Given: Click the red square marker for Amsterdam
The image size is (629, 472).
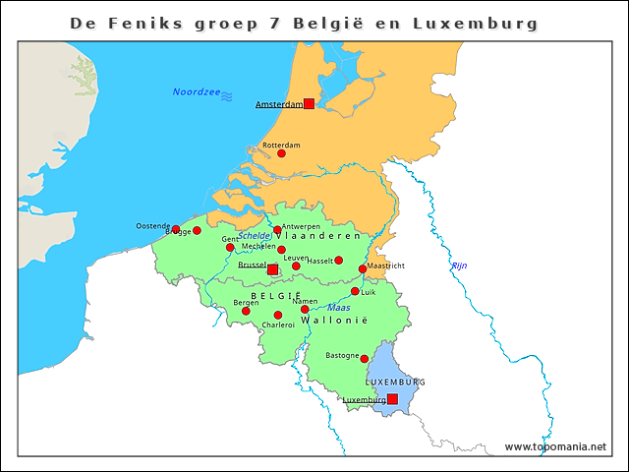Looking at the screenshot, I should click(x=309, y=103).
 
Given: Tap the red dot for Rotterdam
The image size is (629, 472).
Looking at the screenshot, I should click(x=281, y=153).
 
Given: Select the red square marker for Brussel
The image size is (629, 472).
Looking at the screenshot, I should click(x=272, y=268).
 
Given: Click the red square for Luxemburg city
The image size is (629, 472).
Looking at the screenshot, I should click(x=392, y=399).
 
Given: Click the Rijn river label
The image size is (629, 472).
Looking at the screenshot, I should click(x=459, y=266).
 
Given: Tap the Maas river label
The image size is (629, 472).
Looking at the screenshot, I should click(x=338, y=308).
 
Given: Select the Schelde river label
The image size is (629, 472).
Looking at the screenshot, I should click(x=255, y=236).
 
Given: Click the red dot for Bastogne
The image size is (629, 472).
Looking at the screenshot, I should click(x=364, y=359).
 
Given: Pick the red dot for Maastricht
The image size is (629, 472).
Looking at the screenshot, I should click(x=363, y=268).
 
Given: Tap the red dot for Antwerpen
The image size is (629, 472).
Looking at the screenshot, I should click(x=277, y=230).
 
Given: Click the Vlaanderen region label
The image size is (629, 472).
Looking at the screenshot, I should click(x=320, y=237).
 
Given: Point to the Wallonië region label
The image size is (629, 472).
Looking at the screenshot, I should click(x=333, y=322).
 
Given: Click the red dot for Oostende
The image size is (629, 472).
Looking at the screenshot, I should click(x=176, y=230).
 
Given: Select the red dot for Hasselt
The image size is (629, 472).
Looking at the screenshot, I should click(x=339, y=261).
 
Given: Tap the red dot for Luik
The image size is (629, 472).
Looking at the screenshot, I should click(x=355, y=291).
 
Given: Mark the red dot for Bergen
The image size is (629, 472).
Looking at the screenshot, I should click(x=246, y=312).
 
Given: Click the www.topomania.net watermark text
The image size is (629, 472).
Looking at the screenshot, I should click(x=555, y=446).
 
